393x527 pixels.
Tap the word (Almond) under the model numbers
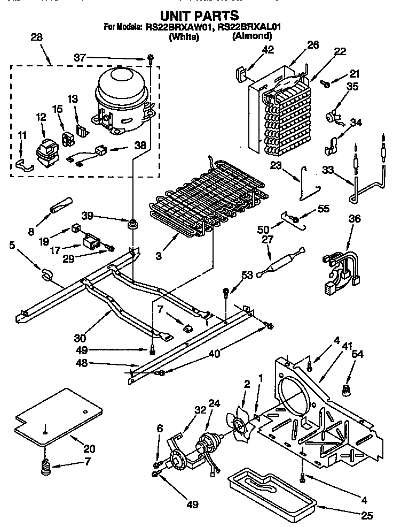pos(252,36)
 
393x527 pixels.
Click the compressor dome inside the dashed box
pos(120,88)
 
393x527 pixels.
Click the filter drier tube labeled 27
pos(281,262)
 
